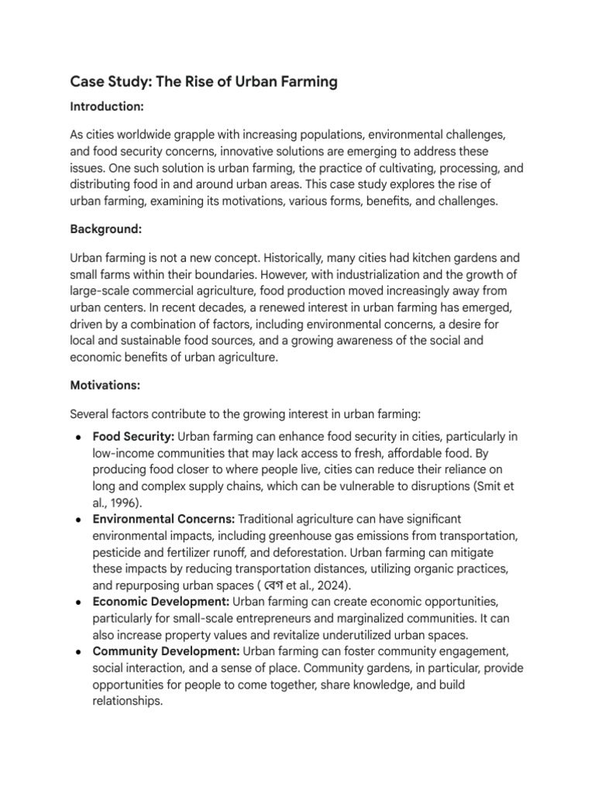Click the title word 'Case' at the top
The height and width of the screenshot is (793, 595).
click(88, 81)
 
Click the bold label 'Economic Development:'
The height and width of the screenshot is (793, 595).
click(160, 600)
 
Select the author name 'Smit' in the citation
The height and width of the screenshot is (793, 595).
click(492, 486)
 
